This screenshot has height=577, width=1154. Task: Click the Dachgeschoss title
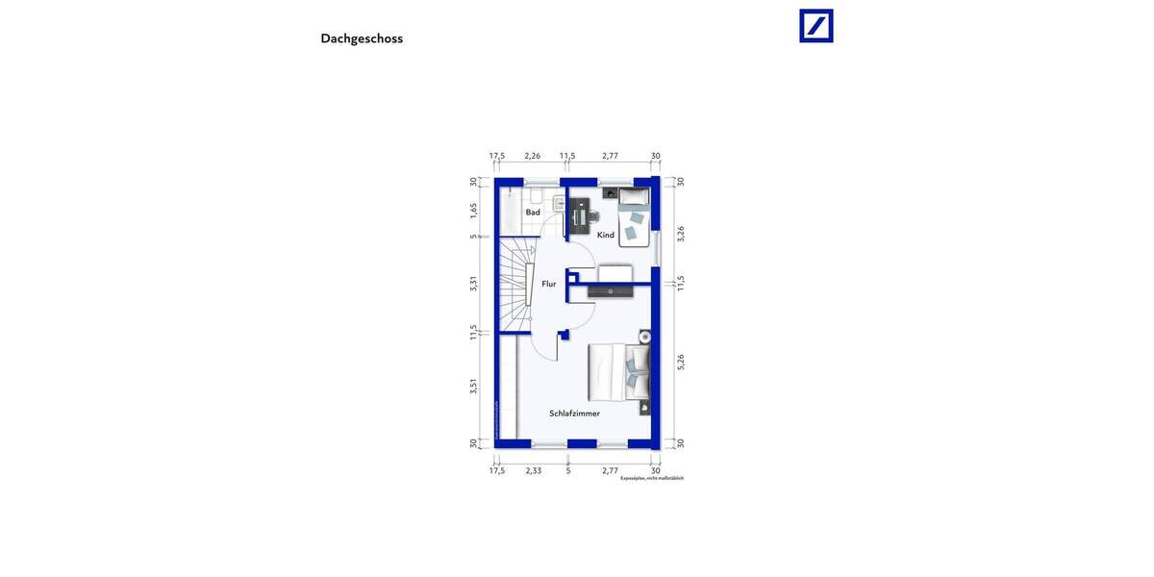pos(362,38)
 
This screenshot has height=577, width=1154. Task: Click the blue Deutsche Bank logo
pos(816,26)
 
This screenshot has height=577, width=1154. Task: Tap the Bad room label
pos(533,213)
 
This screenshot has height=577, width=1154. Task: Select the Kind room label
pos(606,235)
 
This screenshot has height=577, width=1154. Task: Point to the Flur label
pos(549,284)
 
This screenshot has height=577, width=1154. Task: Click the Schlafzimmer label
pos(575,414)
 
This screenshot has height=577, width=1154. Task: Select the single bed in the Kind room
pos(634,217)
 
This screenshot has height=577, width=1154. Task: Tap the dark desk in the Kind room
pos(579,216)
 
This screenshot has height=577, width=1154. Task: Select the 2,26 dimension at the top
pos(532,156)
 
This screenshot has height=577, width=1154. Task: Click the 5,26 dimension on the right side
pos(681,362)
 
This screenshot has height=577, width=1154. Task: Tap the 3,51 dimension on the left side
pos(473,386)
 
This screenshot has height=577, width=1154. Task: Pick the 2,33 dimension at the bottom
pos(534,470)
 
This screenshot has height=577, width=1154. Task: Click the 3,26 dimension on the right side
pos(681,233)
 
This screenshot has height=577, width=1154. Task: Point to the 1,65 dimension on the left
pos(473,210)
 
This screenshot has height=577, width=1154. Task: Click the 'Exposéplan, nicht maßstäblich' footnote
pos(652,478)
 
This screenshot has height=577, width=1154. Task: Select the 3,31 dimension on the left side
pos(473,284)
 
